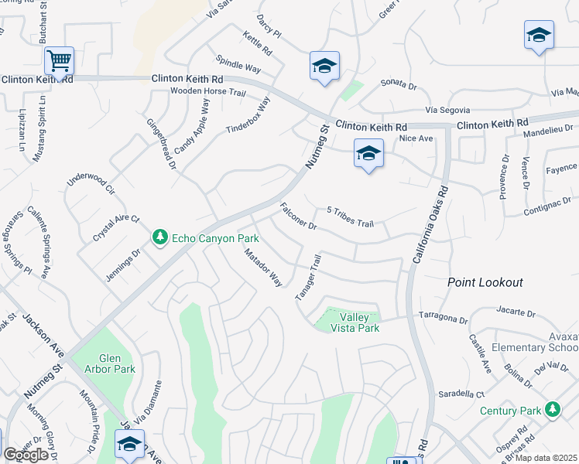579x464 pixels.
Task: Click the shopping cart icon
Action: point(59,59)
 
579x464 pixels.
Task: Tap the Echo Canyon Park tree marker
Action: point(160,236)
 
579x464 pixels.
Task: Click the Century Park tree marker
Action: point(552,410)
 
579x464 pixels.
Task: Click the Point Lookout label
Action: point(485,283)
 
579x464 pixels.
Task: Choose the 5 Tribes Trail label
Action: point(350,217)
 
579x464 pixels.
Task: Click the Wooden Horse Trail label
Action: point(207,92)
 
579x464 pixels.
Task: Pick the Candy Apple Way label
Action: point(192,125)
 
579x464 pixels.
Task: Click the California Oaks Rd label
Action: point(430,223)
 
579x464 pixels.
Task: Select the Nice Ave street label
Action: point(416,138)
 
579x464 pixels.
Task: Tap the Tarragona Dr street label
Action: point(443,318)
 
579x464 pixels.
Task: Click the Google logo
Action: point(26,455)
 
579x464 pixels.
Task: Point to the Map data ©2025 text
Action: point(546,458)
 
